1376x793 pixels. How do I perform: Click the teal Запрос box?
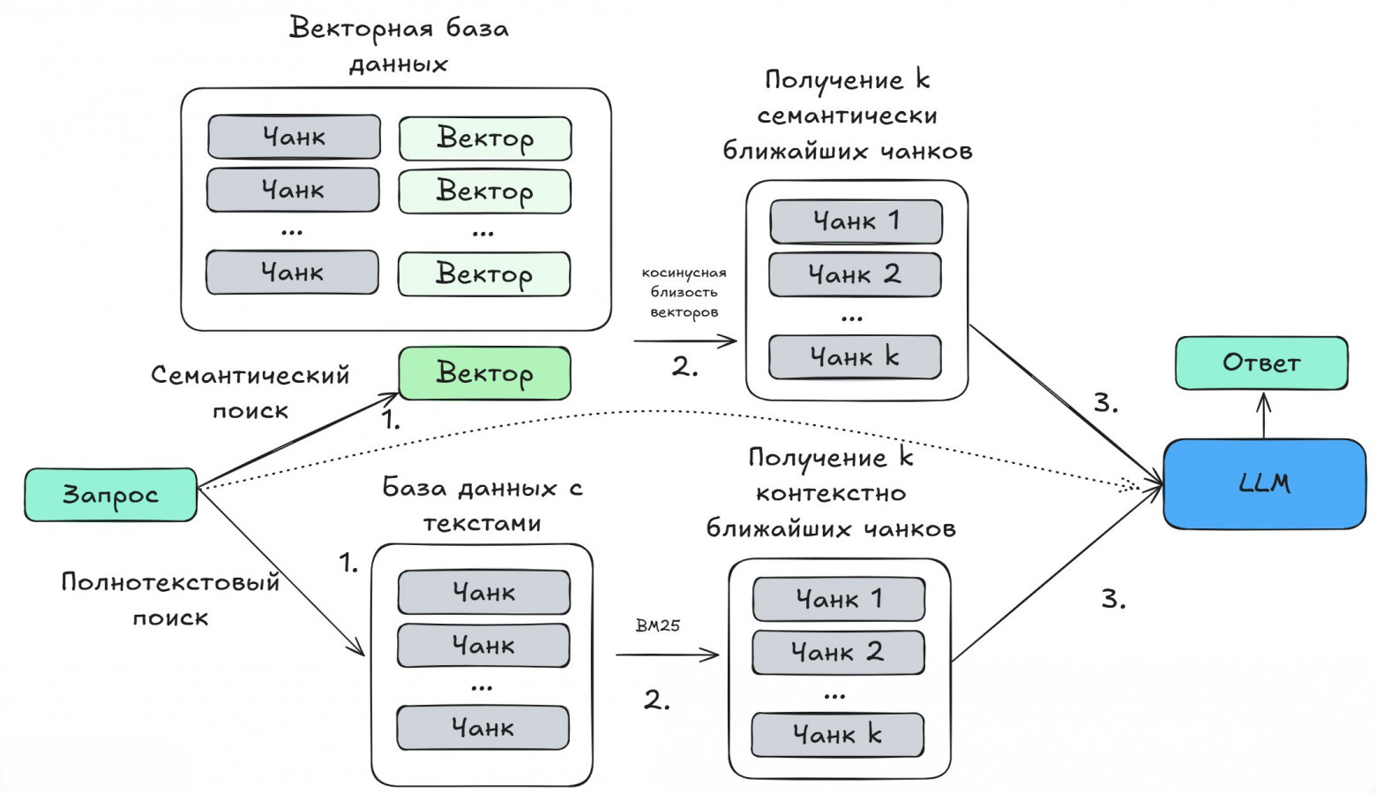click(x=110, y=495)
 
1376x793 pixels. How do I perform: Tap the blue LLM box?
click(x=1264, y=483)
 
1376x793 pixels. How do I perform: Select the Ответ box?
click(x=1261, y=363)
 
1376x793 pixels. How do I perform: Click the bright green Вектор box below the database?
click(x=484, y=373)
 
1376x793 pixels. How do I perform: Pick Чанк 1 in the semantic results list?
click(x=856, y=221)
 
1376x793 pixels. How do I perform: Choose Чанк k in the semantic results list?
click(x=854, y=357)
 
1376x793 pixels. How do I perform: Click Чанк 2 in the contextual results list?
click(x=838, y=653)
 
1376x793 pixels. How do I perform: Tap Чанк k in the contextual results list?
click(x=837, y=735)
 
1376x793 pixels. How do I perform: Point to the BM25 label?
click(x=658, y=625)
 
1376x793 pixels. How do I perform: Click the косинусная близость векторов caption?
click(x=684, y=292)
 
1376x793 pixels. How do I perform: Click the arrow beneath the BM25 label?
click(x=668, y=655)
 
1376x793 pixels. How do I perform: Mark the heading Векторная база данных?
click(x=399, y=46)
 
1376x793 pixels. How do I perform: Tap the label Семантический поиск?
click(x=251, y=392)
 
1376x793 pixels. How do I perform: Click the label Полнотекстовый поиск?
click(x=170, y=599)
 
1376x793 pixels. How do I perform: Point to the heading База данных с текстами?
click(x=482, y=505)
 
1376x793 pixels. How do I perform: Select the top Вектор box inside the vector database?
click(x=485, y=138)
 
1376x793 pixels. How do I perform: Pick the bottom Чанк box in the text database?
click(x=482, y=728)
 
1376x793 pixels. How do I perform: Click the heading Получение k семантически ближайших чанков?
click(x=847, y=116)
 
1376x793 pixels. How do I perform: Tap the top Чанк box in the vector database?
click(x=294, y=137)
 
